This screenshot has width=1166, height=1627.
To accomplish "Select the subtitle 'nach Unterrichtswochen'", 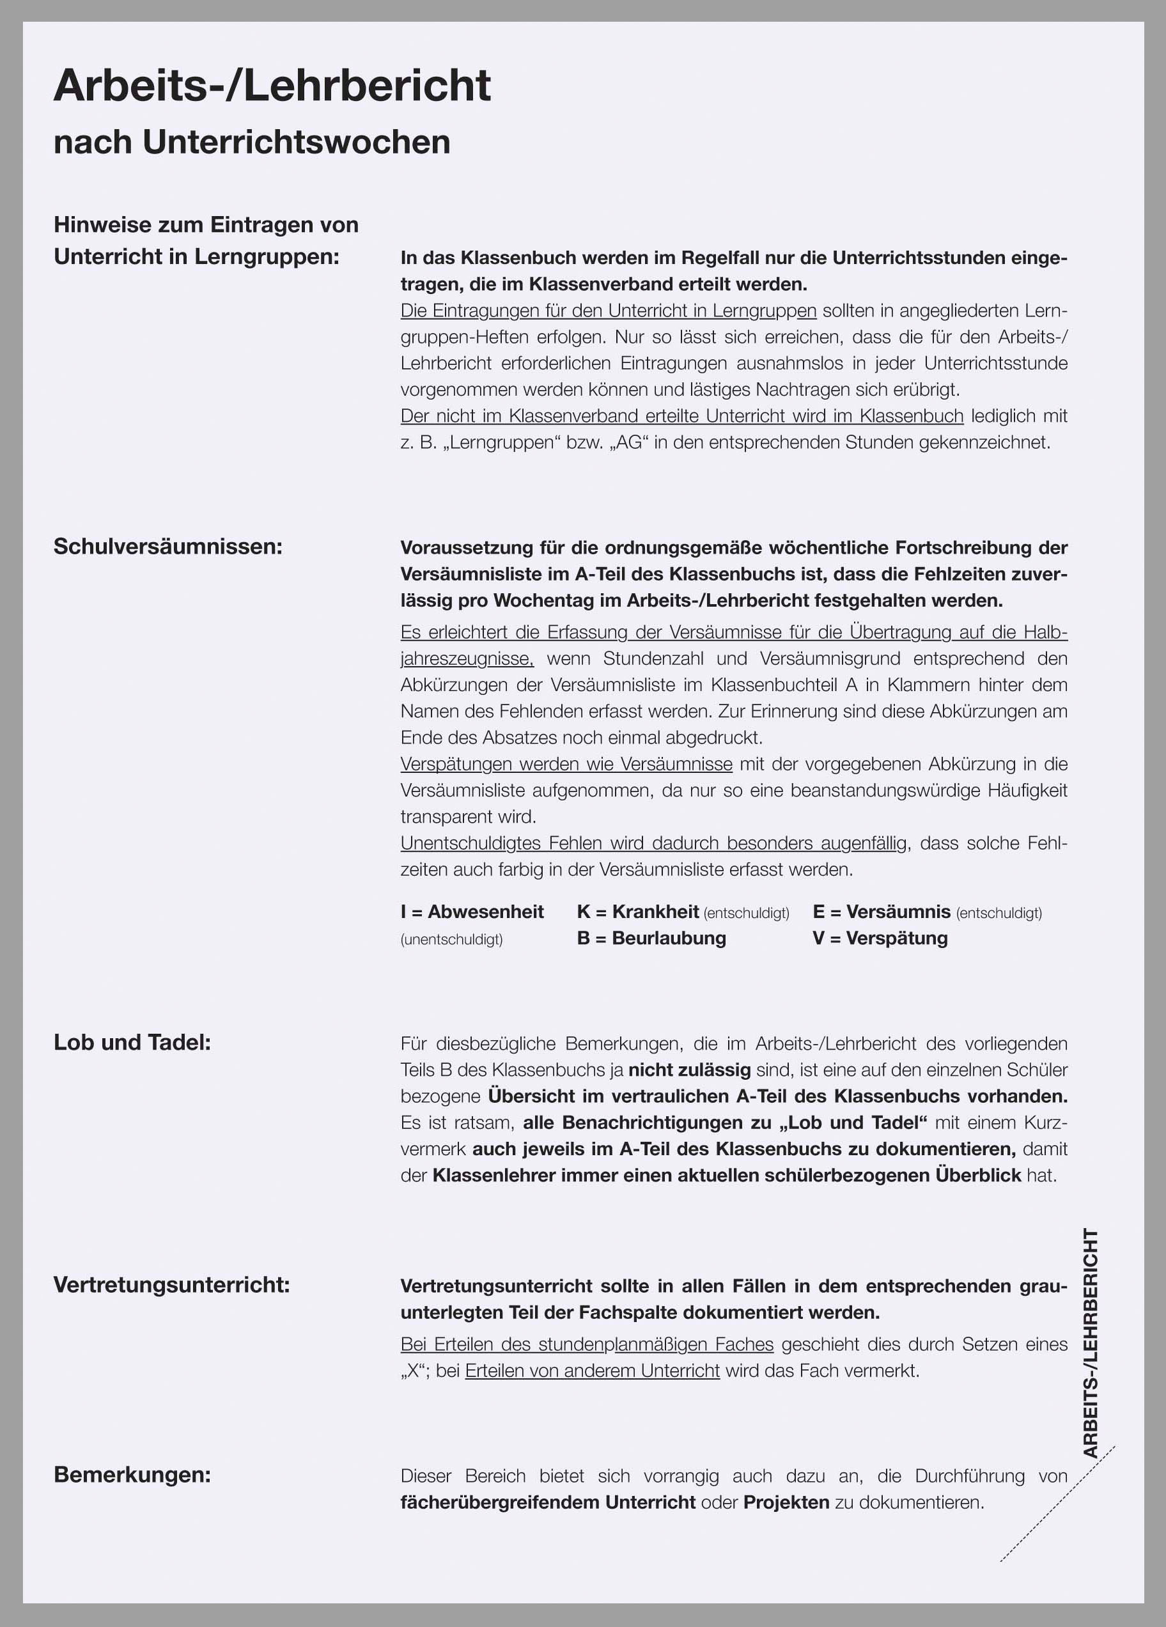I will click(x=252, y=142).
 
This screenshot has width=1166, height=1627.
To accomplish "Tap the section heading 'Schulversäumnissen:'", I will click(x=168, y=547).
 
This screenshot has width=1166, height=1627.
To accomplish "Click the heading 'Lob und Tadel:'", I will click(x=132, y=1042).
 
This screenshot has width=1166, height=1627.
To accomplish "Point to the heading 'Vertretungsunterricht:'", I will click(x=171, y=1284).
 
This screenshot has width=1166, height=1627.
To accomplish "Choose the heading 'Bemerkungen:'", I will click(x=132, y=1475).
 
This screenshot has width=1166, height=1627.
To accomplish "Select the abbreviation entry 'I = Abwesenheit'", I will click(x=472, y=912).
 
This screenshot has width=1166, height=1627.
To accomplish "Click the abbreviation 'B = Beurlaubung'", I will click(x=651, y=938).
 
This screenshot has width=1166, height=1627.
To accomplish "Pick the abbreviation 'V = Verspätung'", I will click(x=880, y=938).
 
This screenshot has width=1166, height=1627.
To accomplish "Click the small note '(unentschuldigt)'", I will click(x=451, y=940).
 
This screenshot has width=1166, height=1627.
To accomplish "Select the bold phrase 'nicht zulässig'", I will click(x=689, y=1070).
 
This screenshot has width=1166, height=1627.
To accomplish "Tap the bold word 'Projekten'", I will click(x=786, y=1502).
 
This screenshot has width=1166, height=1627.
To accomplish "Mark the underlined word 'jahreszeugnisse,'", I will click(x=467, y=658).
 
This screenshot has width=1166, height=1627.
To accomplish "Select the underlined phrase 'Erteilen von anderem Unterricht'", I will click(x=592, y=1371).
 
